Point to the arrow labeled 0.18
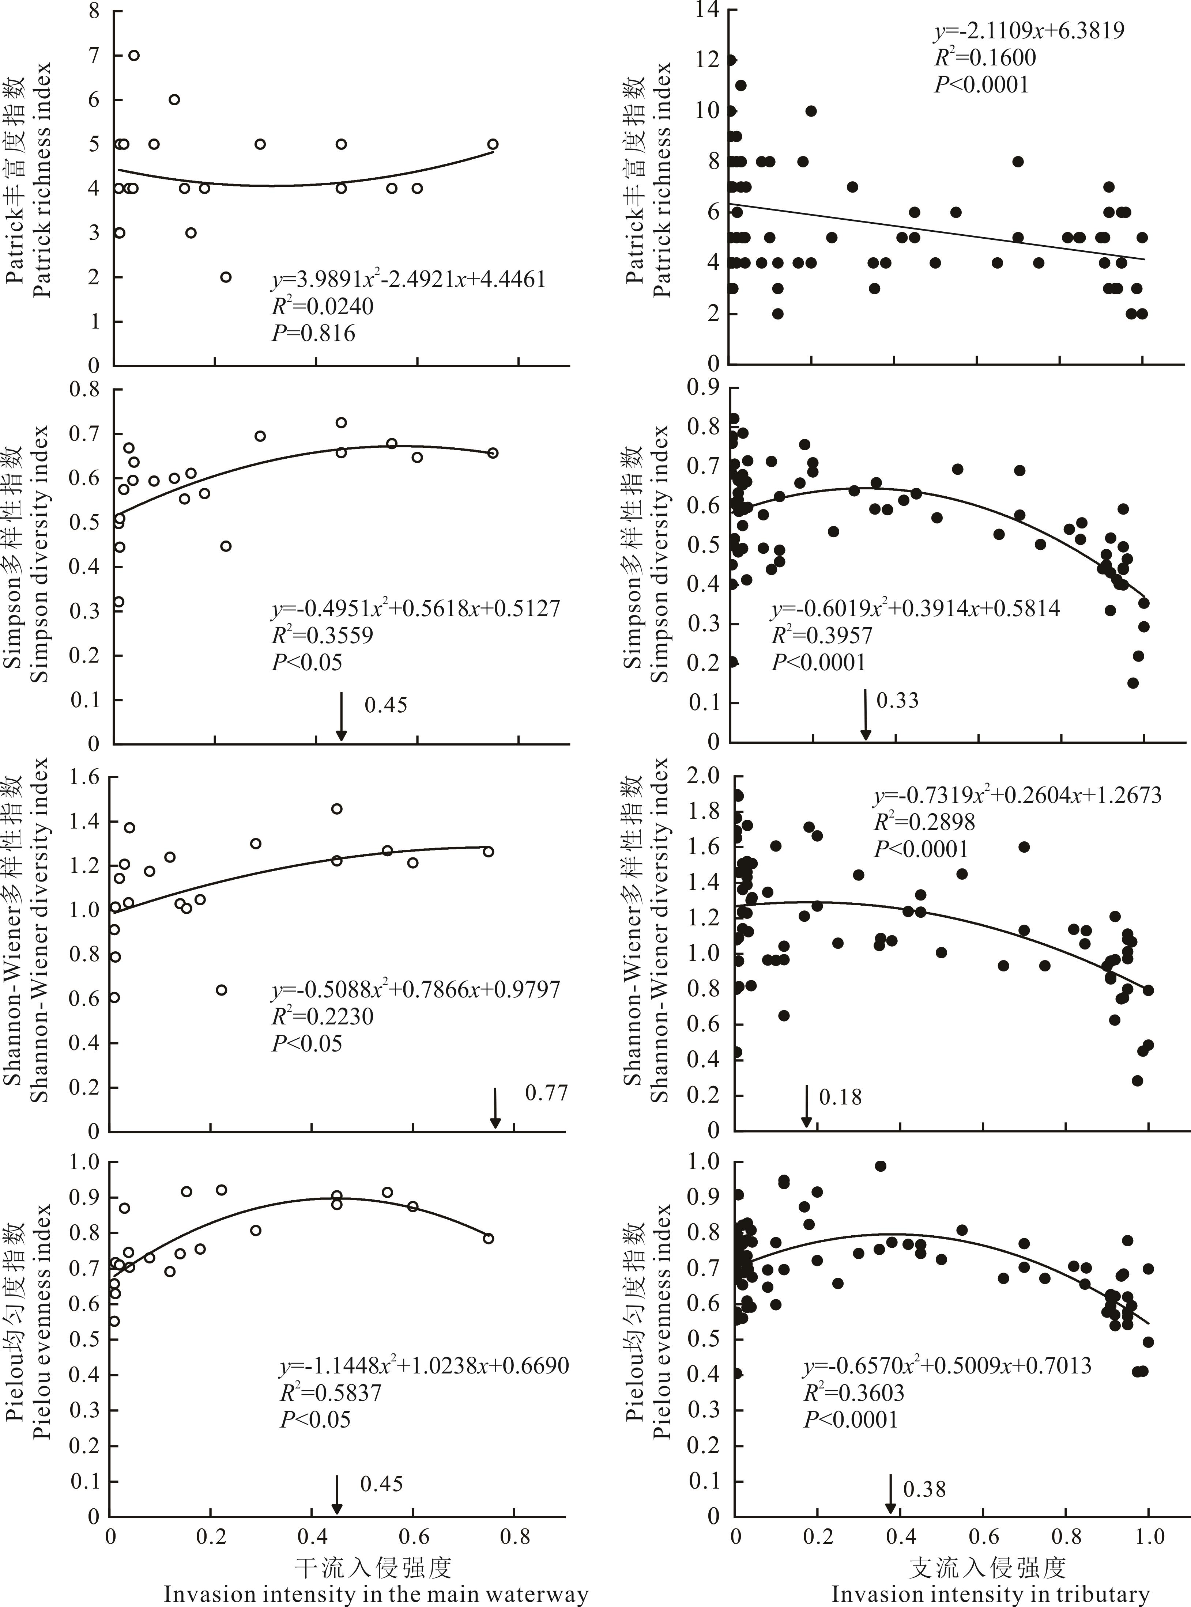point(807,1106)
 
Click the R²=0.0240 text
point(322,306)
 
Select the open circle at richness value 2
point(226,277)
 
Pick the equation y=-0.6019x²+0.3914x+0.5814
point(916,609)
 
